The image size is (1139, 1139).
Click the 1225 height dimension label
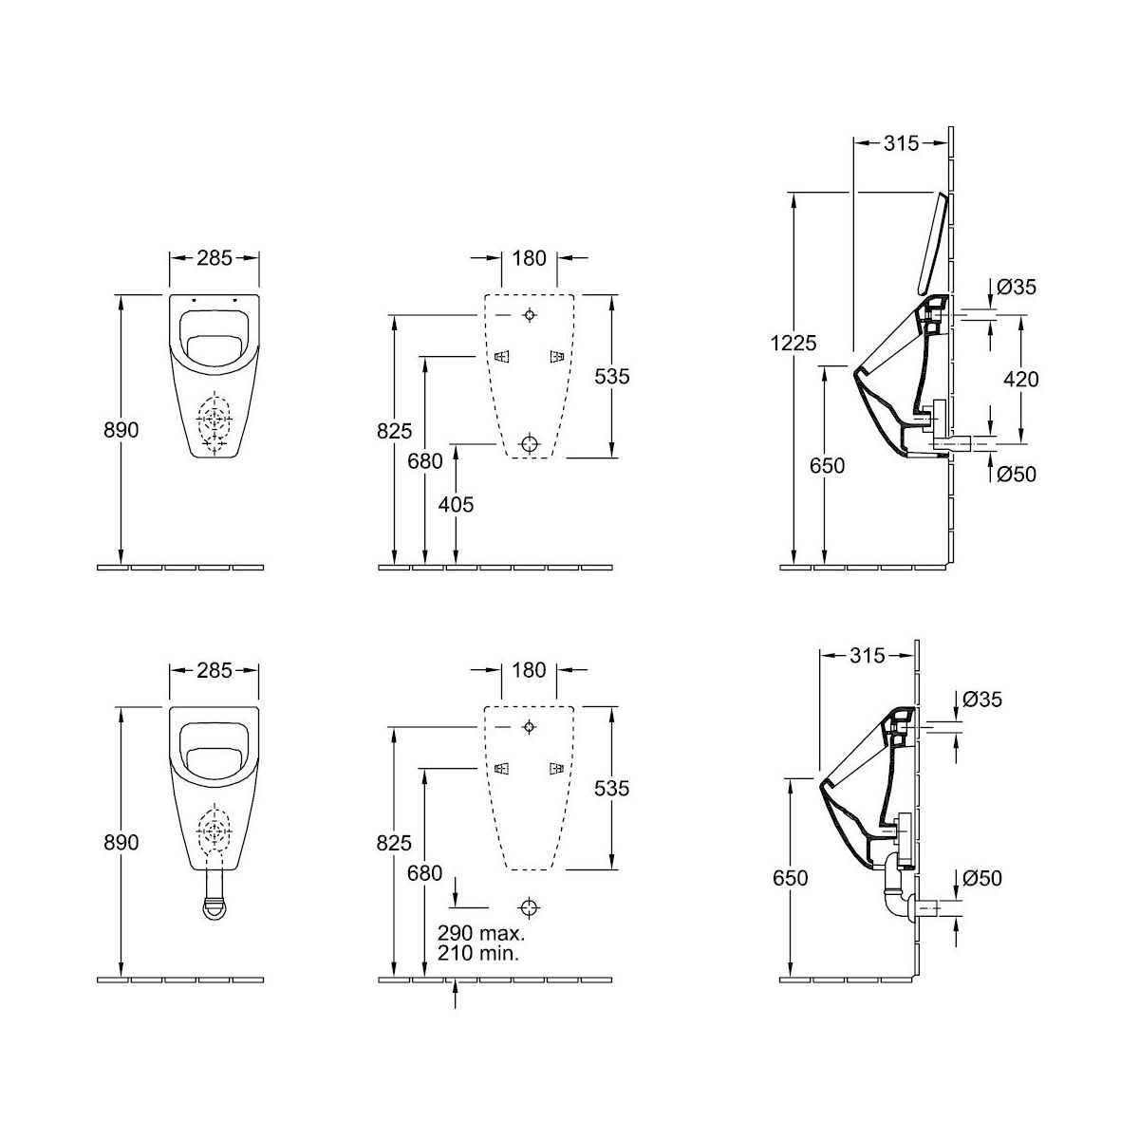794,343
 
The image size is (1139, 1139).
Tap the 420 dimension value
1020,379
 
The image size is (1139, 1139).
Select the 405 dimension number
456,504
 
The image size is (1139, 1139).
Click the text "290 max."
481,933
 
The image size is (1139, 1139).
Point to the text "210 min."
478,952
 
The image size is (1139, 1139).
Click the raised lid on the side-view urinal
933,243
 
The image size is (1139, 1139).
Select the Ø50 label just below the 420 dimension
1016,474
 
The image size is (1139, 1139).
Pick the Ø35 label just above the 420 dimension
1016,287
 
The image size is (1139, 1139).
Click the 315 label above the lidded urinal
902,143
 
